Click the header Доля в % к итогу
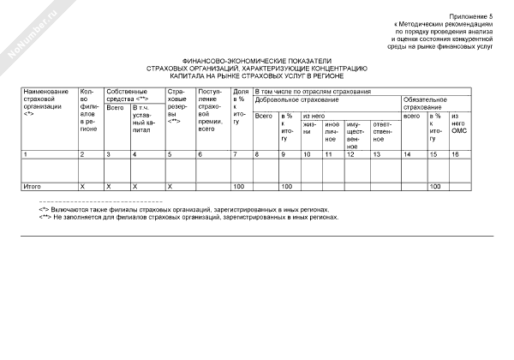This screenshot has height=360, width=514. [239, 105]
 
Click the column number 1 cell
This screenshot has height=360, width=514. [26, 153]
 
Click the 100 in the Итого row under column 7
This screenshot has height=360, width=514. [239, 185]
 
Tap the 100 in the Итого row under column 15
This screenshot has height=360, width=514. [434, 185]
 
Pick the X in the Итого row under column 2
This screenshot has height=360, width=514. [81, 185]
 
